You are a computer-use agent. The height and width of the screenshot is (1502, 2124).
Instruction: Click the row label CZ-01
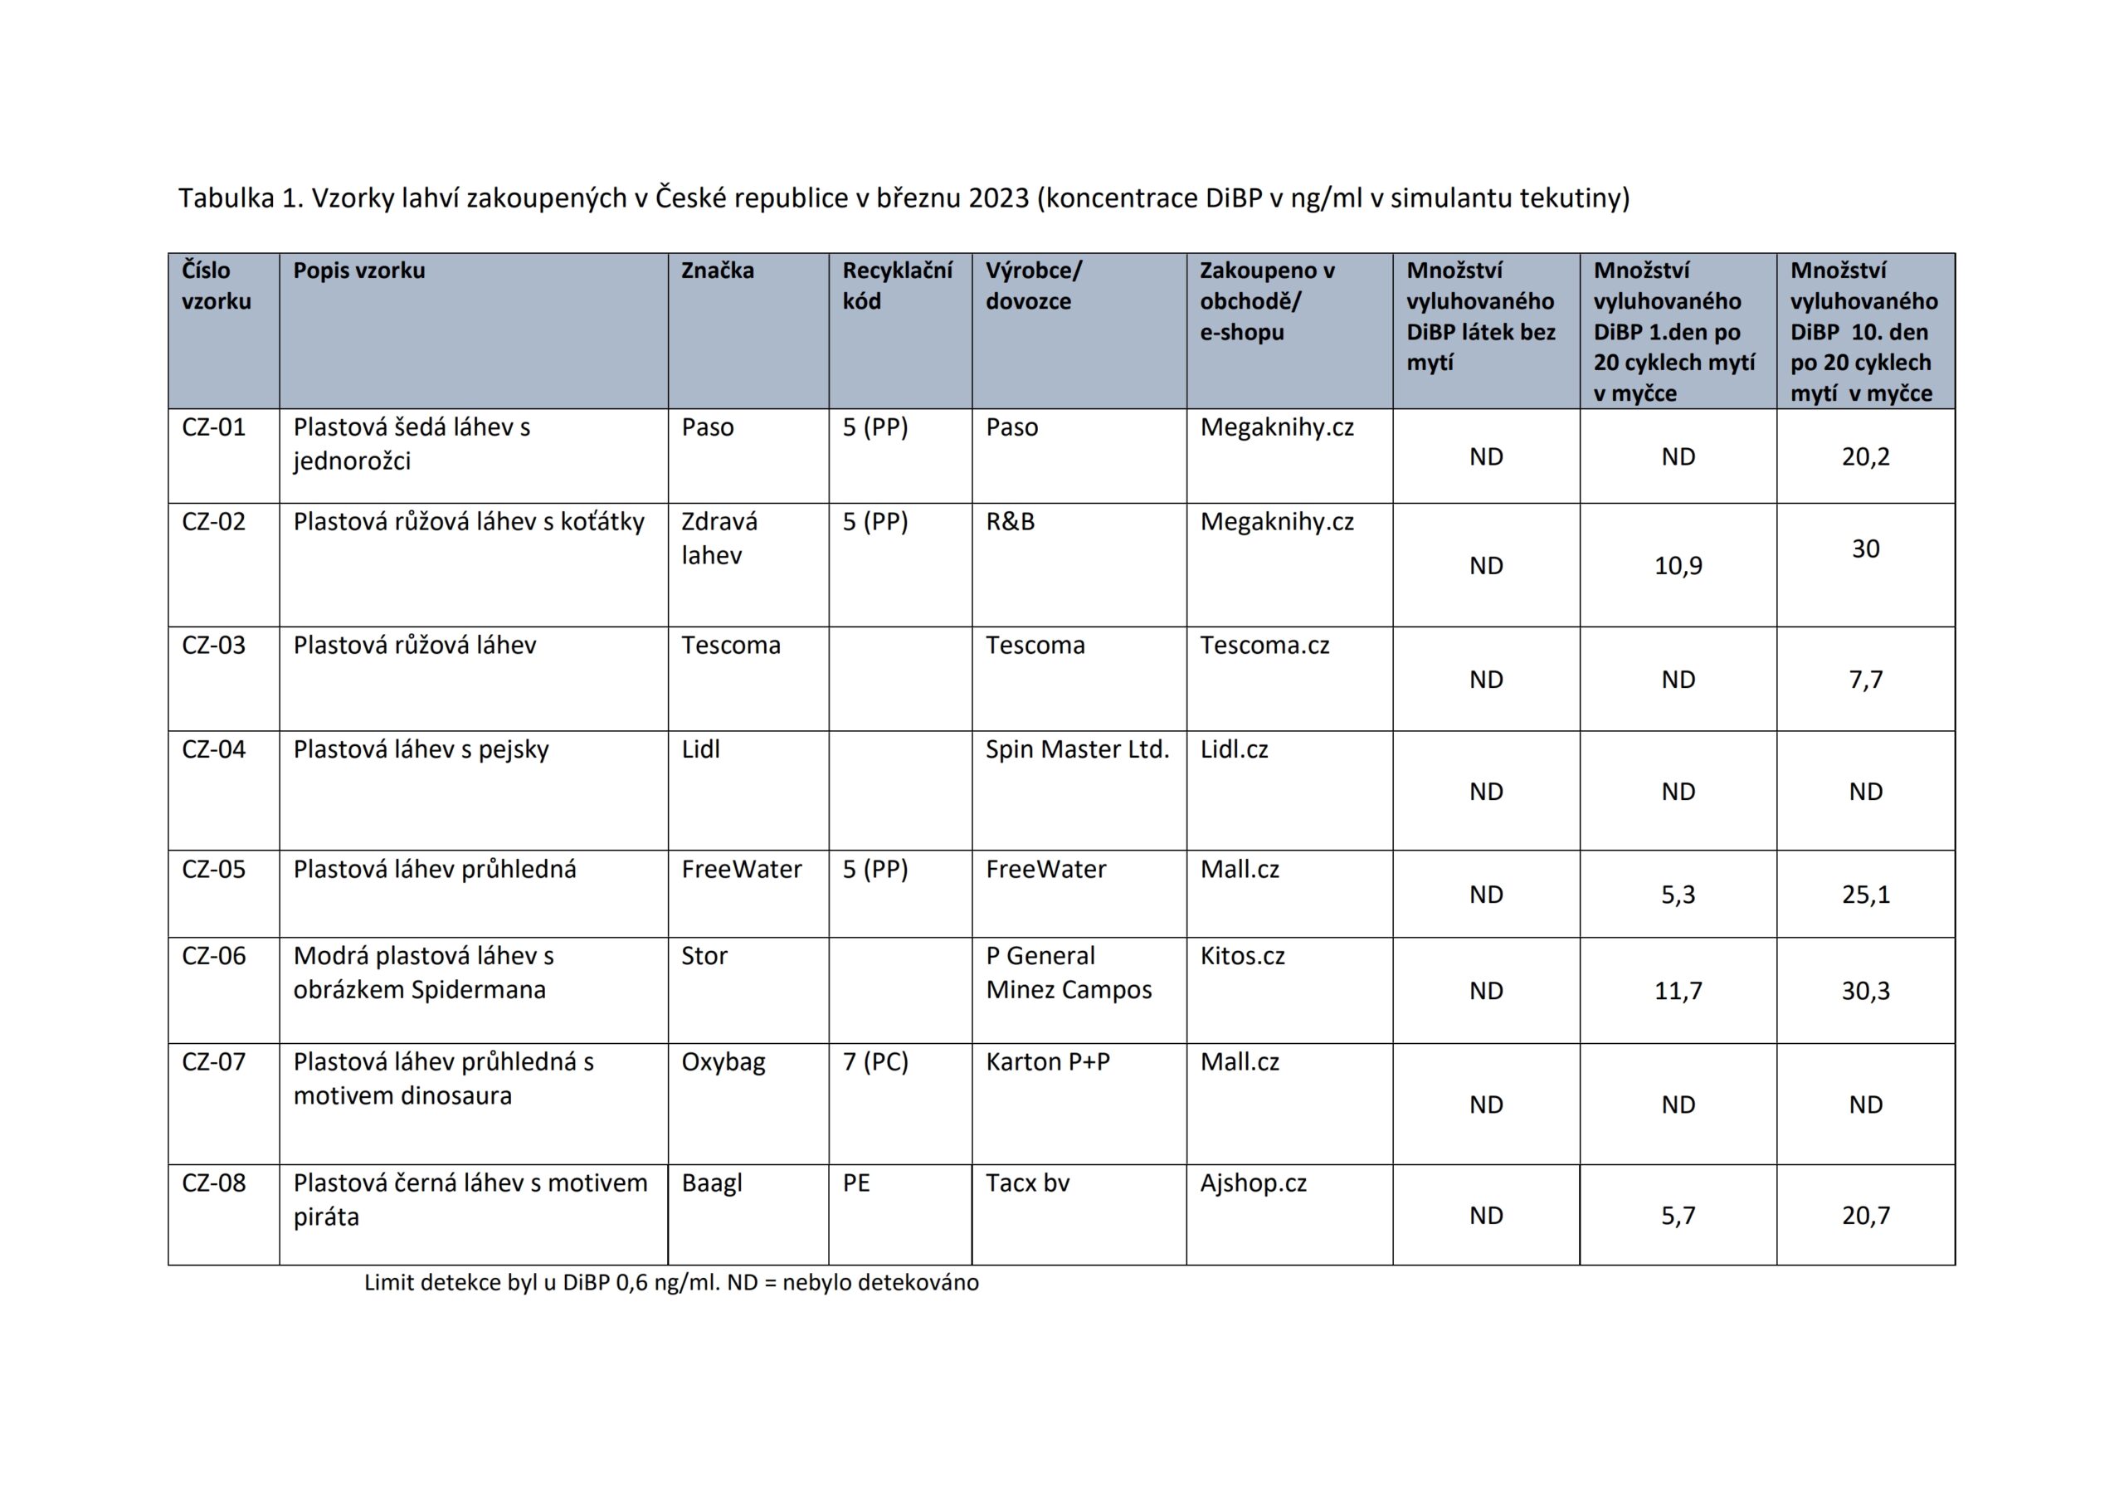click(x=214, y=427)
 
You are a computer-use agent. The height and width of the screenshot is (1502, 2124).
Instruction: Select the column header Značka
click(x=717, y=271)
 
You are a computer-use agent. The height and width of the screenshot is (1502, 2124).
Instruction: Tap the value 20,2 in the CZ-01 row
click(x=1865, y=456)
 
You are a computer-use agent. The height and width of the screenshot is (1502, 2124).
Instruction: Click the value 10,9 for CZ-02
click(x=1677, y=565)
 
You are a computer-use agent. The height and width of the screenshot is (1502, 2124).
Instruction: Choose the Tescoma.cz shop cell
click(x=1264, y=645)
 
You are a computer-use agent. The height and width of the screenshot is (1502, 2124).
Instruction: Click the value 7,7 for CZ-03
click(x=1865, y=680)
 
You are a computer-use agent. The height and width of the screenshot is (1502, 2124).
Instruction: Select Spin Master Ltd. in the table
click(x=1077, y=749)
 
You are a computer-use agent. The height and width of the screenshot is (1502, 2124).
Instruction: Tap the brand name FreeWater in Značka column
click(x=741, y=869)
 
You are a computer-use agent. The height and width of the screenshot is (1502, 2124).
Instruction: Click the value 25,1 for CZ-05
click(x=1865, y=894)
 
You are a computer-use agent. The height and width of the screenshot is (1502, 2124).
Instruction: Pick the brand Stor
click(x=704, y=955)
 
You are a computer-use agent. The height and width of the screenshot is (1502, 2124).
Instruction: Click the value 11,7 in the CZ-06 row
click(x=1677, y=990)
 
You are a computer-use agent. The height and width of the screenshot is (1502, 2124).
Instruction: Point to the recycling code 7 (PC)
click(x=875, y=1061)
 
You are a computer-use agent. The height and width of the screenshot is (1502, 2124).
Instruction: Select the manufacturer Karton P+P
click(x=1047, y=1061)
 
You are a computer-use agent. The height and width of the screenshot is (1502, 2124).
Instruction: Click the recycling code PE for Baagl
click(x=855, y=1183)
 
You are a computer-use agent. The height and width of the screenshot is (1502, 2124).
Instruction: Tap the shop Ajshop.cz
click(x=1253, y=1183)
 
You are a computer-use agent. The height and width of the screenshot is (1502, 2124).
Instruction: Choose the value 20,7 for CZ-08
click(x=1865, y=1215)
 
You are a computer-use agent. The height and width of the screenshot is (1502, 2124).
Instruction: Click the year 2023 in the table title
click(x=998, y=198)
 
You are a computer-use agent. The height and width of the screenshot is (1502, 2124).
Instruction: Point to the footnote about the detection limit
click(x=670, y=1283)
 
